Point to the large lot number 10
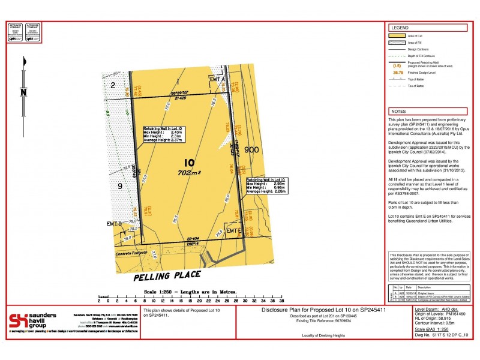(x=190, y=163)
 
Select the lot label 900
(x=251, y=149)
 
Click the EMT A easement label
(x=217, y=79)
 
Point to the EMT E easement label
(x=232, y=230)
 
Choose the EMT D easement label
(x=115, y=223)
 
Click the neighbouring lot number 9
(x=119, y=186)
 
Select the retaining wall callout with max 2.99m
(x=265, y=185)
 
